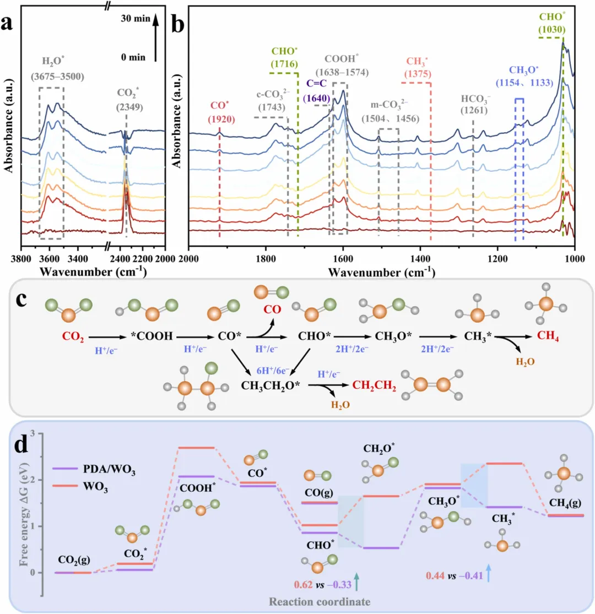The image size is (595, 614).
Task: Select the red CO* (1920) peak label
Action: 219,110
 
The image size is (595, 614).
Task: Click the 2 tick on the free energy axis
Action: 38,480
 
